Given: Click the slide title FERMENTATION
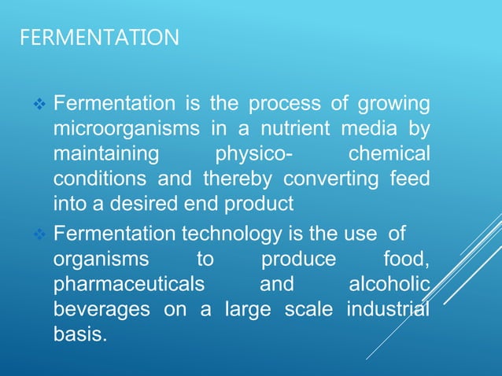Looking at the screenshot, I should click(x=98, y=37).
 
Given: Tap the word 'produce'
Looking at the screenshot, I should click(x=298, y=259).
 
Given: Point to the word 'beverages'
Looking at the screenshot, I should click(x=102, y=309).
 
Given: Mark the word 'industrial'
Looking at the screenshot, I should click(x=388, y=309).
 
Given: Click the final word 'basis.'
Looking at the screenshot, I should click(x=78, y=334).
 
